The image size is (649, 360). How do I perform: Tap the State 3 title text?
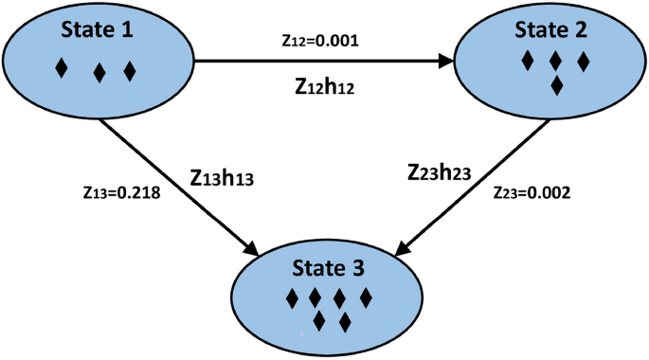coord(328,267)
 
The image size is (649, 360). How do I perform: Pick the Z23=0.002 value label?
coord(532,193)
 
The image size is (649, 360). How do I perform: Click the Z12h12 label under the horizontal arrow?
coord(326,87)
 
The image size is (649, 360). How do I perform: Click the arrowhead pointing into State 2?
coord(446,63)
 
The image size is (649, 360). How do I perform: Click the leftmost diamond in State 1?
coord(63,68)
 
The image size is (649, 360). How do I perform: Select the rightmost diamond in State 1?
coord(130,70)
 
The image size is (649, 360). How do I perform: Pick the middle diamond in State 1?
coord(99,72)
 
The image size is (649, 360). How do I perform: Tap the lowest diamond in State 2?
coord(557,86)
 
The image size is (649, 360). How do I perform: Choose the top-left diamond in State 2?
coord(528,62)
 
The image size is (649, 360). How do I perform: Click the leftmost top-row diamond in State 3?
coord(292,298)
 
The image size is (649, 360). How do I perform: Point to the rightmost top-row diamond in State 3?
coord(367,298)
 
